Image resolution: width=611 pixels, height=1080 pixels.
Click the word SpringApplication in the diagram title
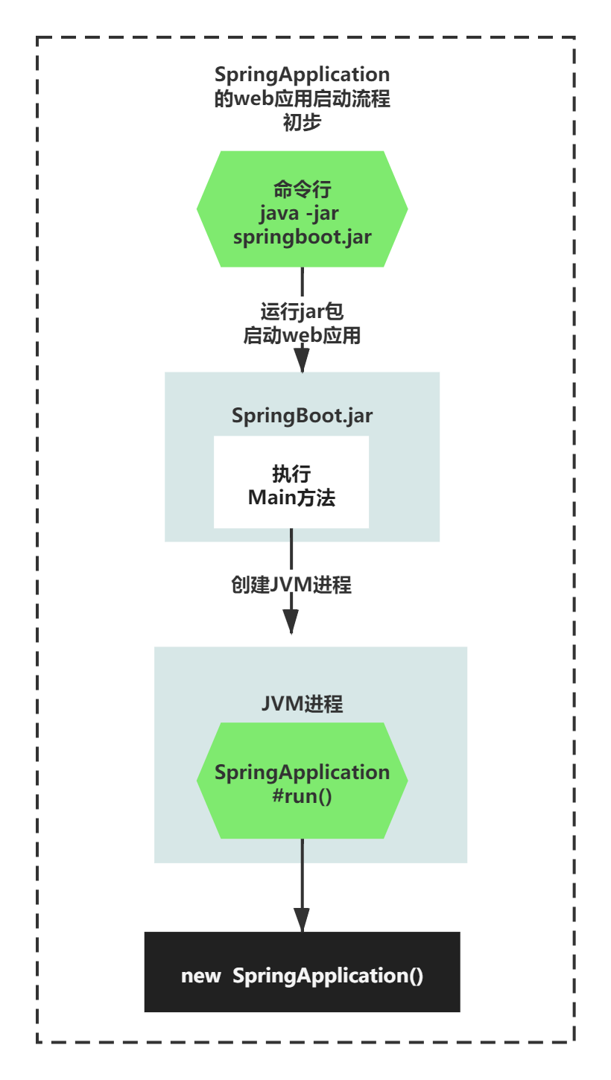coord(302,74)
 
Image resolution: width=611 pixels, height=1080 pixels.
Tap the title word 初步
coord(302,123)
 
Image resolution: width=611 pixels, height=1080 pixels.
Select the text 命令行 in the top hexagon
coord(302,189)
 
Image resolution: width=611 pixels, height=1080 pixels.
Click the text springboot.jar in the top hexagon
coord(302,237)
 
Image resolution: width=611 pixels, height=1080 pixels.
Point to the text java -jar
coord(300,213)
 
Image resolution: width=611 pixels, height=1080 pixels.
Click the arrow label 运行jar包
coord(302,311)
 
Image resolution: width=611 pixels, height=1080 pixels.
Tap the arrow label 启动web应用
coord(302,336)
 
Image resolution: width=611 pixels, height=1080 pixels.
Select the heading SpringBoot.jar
coord(302,416)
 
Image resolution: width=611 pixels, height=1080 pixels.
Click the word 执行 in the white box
coord(291,473)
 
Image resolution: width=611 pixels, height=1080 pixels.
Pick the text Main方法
coord(291,498)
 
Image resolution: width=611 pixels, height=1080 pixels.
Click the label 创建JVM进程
coord(291,585)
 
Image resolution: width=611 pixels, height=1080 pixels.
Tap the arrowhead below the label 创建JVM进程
coord(291,620)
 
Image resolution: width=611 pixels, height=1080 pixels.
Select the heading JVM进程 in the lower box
coord(302,704)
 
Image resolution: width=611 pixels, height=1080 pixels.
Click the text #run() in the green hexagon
coord(302,796)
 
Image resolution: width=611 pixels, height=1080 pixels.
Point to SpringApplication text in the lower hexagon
coord(302,772)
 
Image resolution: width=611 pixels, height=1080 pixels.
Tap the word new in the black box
coord(200,976)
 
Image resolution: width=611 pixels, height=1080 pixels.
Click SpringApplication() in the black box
coord(328,976)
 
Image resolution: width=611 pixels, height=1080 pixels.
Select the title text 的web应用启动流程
coord(302,99)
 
